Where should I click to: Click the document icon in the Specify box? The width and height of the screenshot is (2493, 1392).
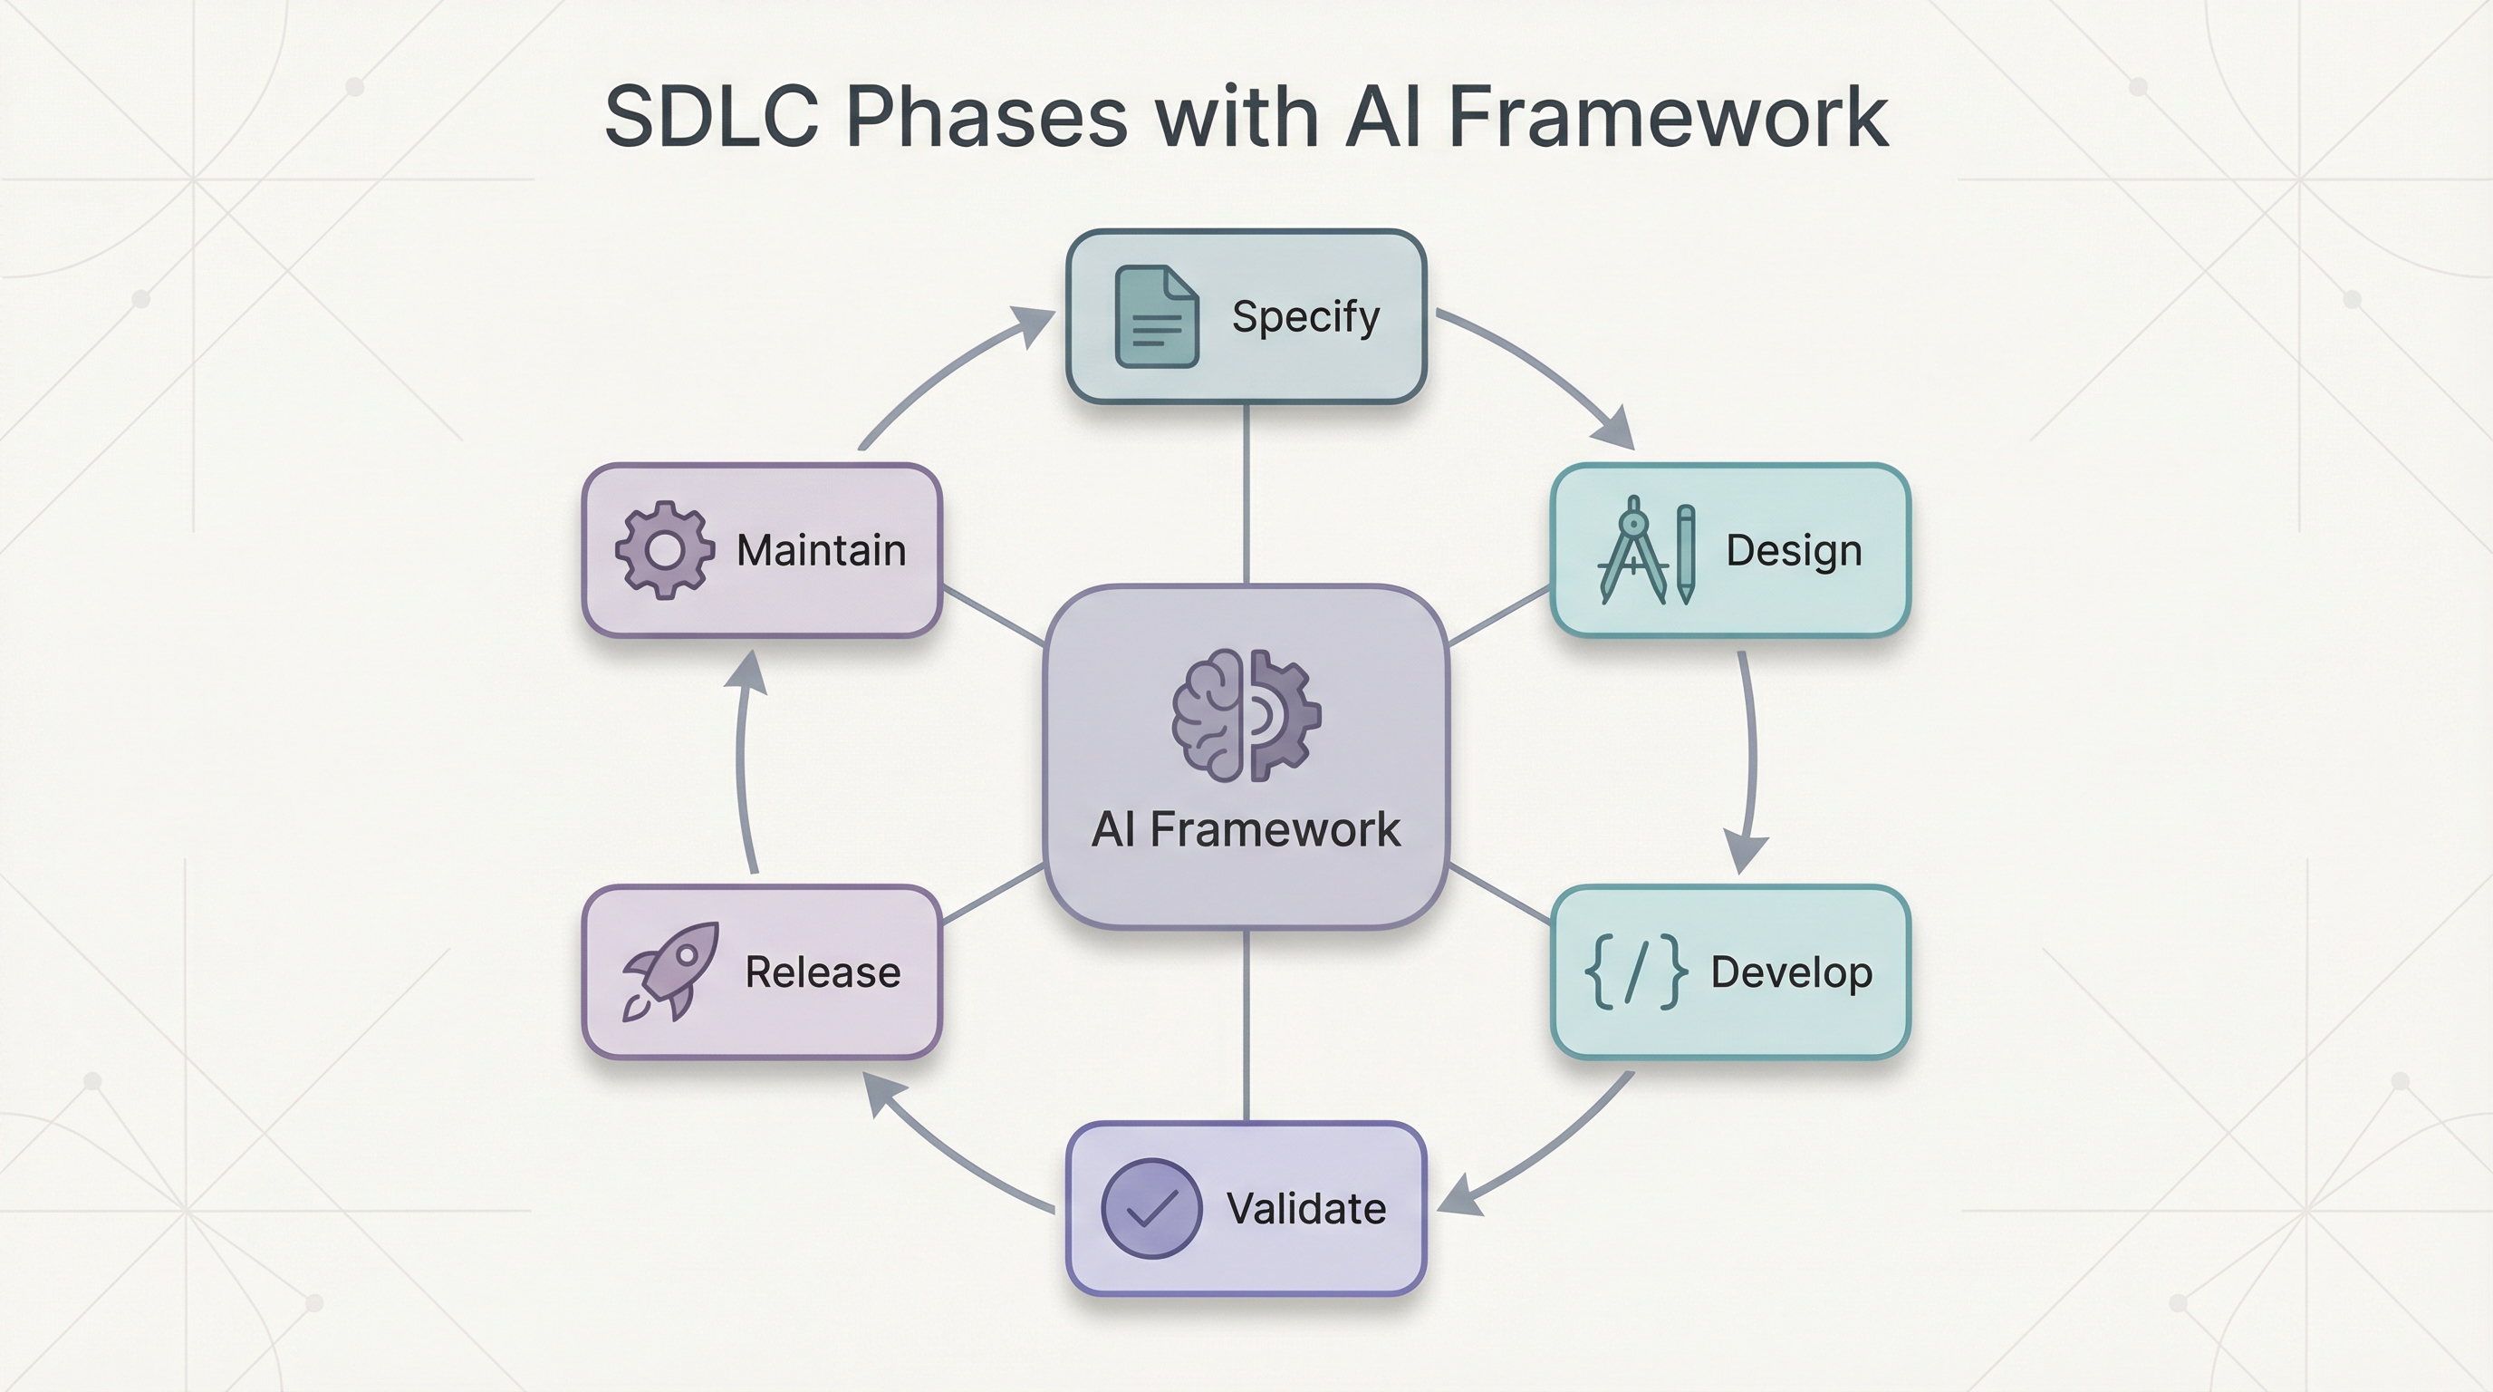(1157, 316)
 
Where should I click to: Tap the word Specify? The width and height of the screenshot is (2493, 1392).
(1305, 316)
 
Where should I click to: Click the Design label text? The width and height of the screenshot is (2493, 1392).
(1794, 550)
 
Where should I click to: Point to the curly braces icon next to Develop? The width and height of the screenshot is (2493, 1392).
(1635, 971)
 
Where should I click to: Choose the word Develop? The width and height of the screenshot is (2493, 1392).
(1791, 971)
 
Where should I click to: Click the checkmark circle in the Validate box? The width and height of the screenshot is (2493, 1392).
(1151, 1208)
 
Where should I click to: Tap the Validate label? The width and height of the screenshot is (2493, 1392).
(1305, 1208)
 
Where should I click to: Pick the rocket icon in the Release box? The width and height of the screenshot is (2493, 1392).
(669, 971)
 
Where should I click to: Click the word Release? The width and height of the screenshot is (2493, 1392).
(823, 971)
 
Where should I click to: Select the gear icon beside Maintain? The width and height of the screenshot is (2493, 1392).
(665, 550)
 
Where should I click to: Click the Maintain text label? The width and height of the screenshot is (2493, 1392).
(821, 550)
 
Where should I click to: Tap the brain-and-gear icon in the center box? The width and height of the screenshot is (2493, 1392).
(1246, 715)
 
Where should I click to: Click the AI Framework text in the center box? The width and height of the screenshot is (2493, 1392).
(1246, 829)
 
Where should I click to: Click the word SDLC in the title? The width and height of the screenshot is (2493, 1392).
(711, 117)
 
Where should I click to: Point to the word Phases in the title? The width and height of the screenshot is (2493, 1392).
(987, 117)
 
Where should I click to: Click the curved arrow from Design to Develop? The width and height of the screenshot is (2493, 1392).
(1752, 755)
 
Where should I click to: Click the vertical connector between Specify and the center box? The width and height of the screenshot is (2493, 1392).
(1246, 494)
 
